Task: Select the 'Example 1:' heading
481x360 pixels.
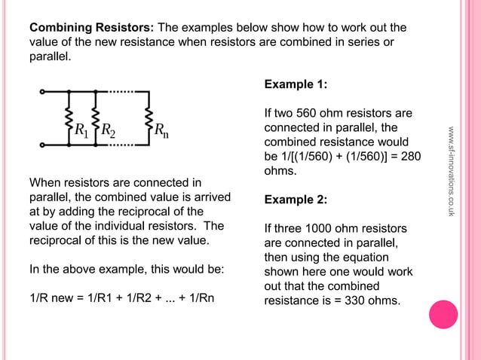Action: pyautogui.click(x=296, y=84)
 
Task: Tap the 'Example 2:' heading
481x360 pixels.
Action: pyautogui.click(x=296, y=200)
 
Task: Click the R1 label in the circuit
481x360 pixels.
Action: pyautogui.click(x=81, y=130)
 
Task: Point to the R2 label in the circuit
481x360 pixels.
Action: pyautogui.click(x=108, y=131)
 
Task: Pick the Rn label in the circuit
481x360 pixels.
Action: pyautogui.click(x=161, y=130)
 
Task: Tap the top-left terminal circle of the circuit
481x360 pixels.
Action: pyautogui.click(x=43, y=92)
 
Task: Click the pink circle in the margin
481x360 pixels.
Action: pyautogui.click(x=443, y=315)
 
